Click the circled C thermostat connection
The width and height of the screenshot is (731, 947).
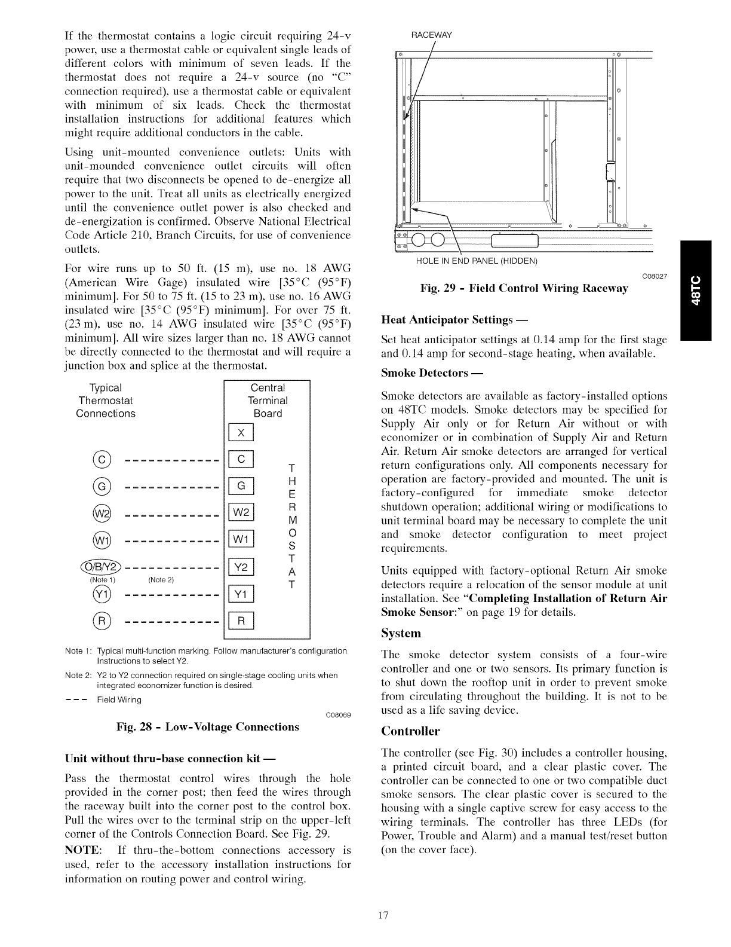[103, 460]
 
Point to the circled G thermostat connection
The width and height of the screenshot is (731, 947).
[103, 487]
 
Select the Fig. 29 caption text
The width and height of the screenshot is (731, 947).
[524, 289]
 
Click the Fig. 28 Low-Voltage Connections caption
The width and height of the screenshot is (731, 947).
[208, 727]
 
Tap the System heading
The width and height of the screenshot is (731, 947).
[401, 633]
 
